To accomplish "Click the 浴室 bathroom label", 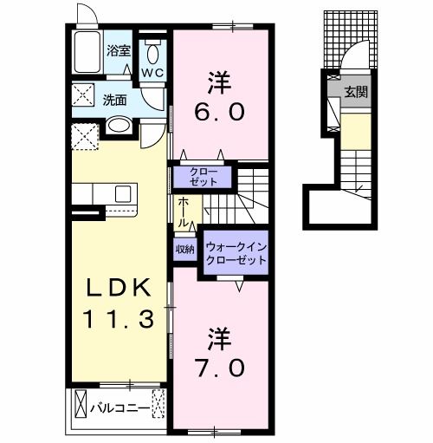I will pyautogui.click(x=119, y=51).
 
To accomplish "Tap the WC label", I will pyautogui.click(x=152, y=73).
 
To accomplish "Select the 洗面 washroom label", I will pyautogui.click(x=116, y=99).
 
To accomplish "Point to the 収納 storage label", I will pyautogui.click(x=184, y=249).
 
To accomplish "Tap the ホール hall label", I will pyautogui.click(x=185, y=212).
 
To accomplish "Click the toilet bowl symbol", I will pyautogui.click(x=152, y=48).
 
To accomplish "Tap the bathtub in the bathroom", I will pyautogui.click(x=88, y=54).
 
